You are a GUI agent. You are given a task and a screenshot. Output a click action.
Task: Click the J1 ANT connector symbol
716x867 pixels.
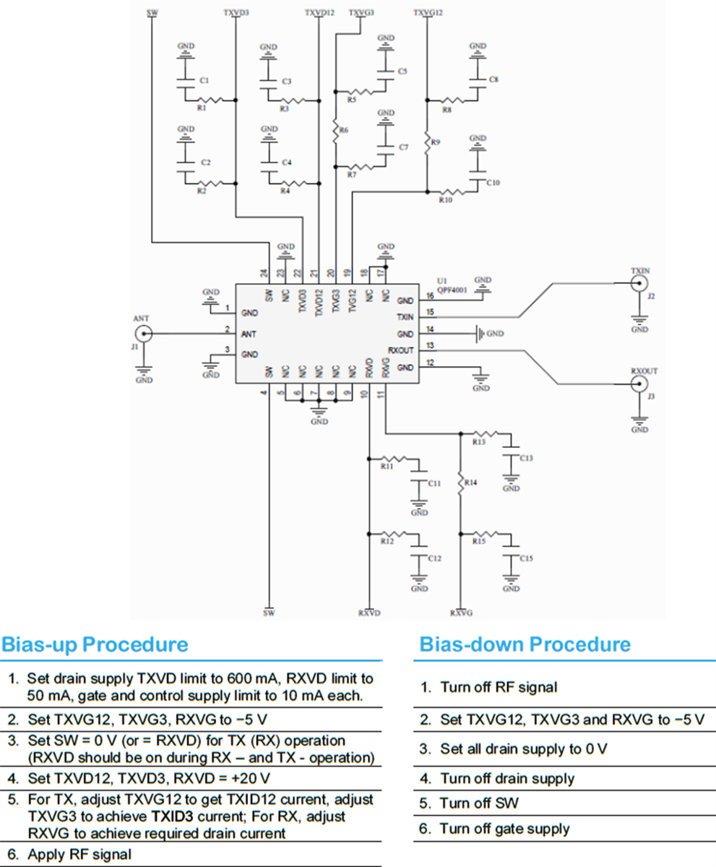(x=144, y=333)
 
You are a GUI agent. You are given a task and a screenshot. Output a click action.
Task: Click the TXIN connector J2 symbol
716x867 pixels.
(x=639, y=285)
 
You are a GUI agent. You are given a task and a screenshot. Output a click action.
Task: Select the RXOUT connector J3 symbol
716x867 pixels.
(x=639, y=385)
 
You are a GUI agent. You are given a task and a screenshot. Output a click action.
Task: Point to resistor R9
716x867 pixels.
(x=427, y=142)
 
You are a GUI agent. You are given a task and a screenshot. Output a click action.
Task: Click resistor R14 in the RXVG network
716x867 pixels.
(x=460, y=482)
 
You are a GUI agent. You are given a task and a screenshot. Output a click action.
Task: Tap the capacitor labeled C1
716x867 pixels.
(x=186, y=80)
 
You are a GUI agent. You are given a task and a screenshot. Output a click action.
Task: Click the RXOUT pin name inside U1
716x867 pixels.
(x=400, y=351)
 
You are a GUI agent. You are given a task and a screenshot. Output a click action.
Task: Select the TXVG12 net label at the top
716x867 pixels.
(x=428, y=13)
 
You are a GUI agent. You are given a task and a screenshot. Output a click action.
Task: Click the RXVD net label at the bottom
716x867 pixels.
(x=368, y=613)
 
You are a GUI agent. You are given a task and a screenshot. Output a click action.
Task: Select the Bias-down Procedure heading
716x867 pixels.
(x=525, y=644)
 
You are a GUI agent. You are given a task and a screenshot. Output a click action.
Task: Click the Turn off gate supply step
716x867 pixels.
(x=504, y=829)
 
